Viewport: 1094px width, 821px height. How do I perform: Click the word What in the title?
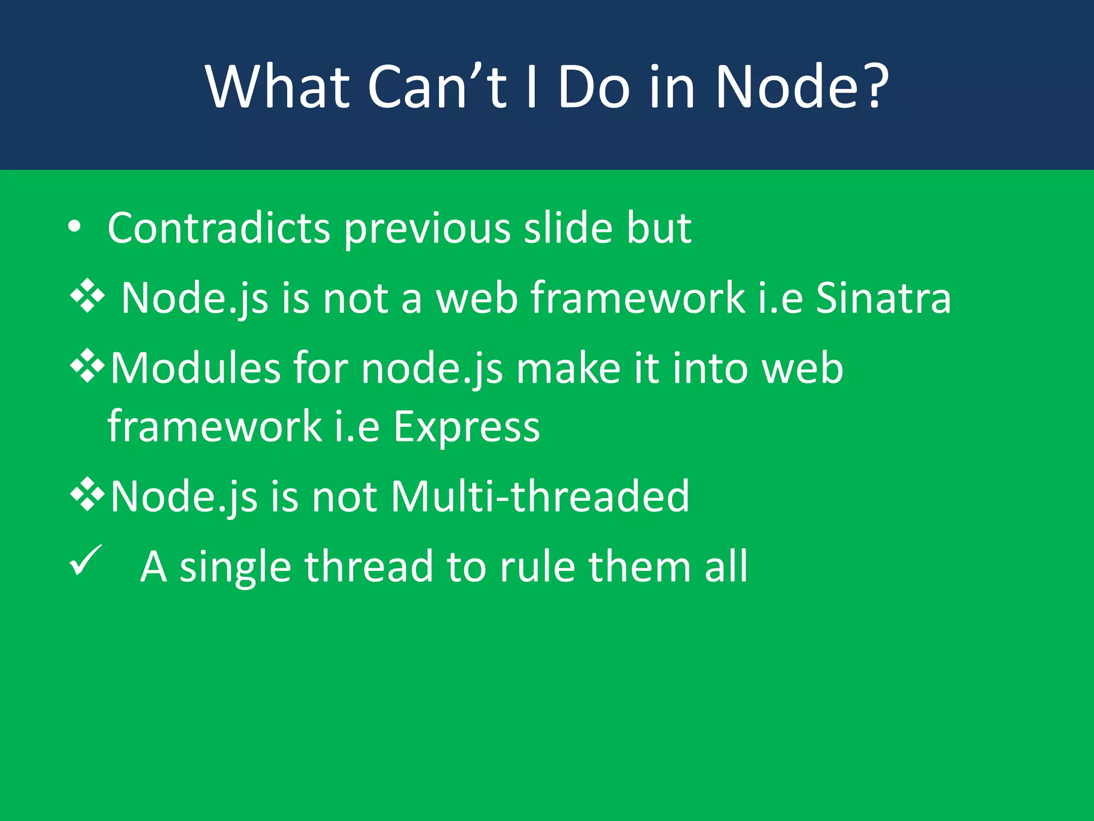(x=278, y=87)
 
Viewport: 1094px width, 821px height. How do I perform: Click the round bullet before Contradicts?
(x=74, y=227)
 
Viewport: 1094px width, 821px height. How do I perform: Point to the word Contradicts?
(x=219, y=228)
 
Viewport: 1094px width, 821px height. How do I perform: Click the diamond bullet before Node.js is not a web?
(x=87, y=297)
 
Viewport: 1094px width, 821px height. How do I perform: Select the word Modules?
(x=196, y=368)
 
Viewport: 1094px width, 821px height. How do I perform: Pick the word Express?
(x=466, y=427)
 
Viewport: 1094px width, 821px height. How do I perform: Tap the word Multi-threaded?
(x=540, y=497)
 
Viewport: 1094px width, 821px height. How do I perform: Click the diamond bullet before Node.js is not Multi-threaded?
(x=87, y=495)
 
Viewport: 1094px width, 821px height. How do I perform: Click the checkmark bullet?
(x=85, y=561)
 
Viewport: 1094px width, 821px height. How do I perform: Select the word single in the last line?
(x=235, y=567)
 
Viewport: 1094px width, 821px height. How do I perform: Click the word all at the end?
(x=726, y=566)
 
